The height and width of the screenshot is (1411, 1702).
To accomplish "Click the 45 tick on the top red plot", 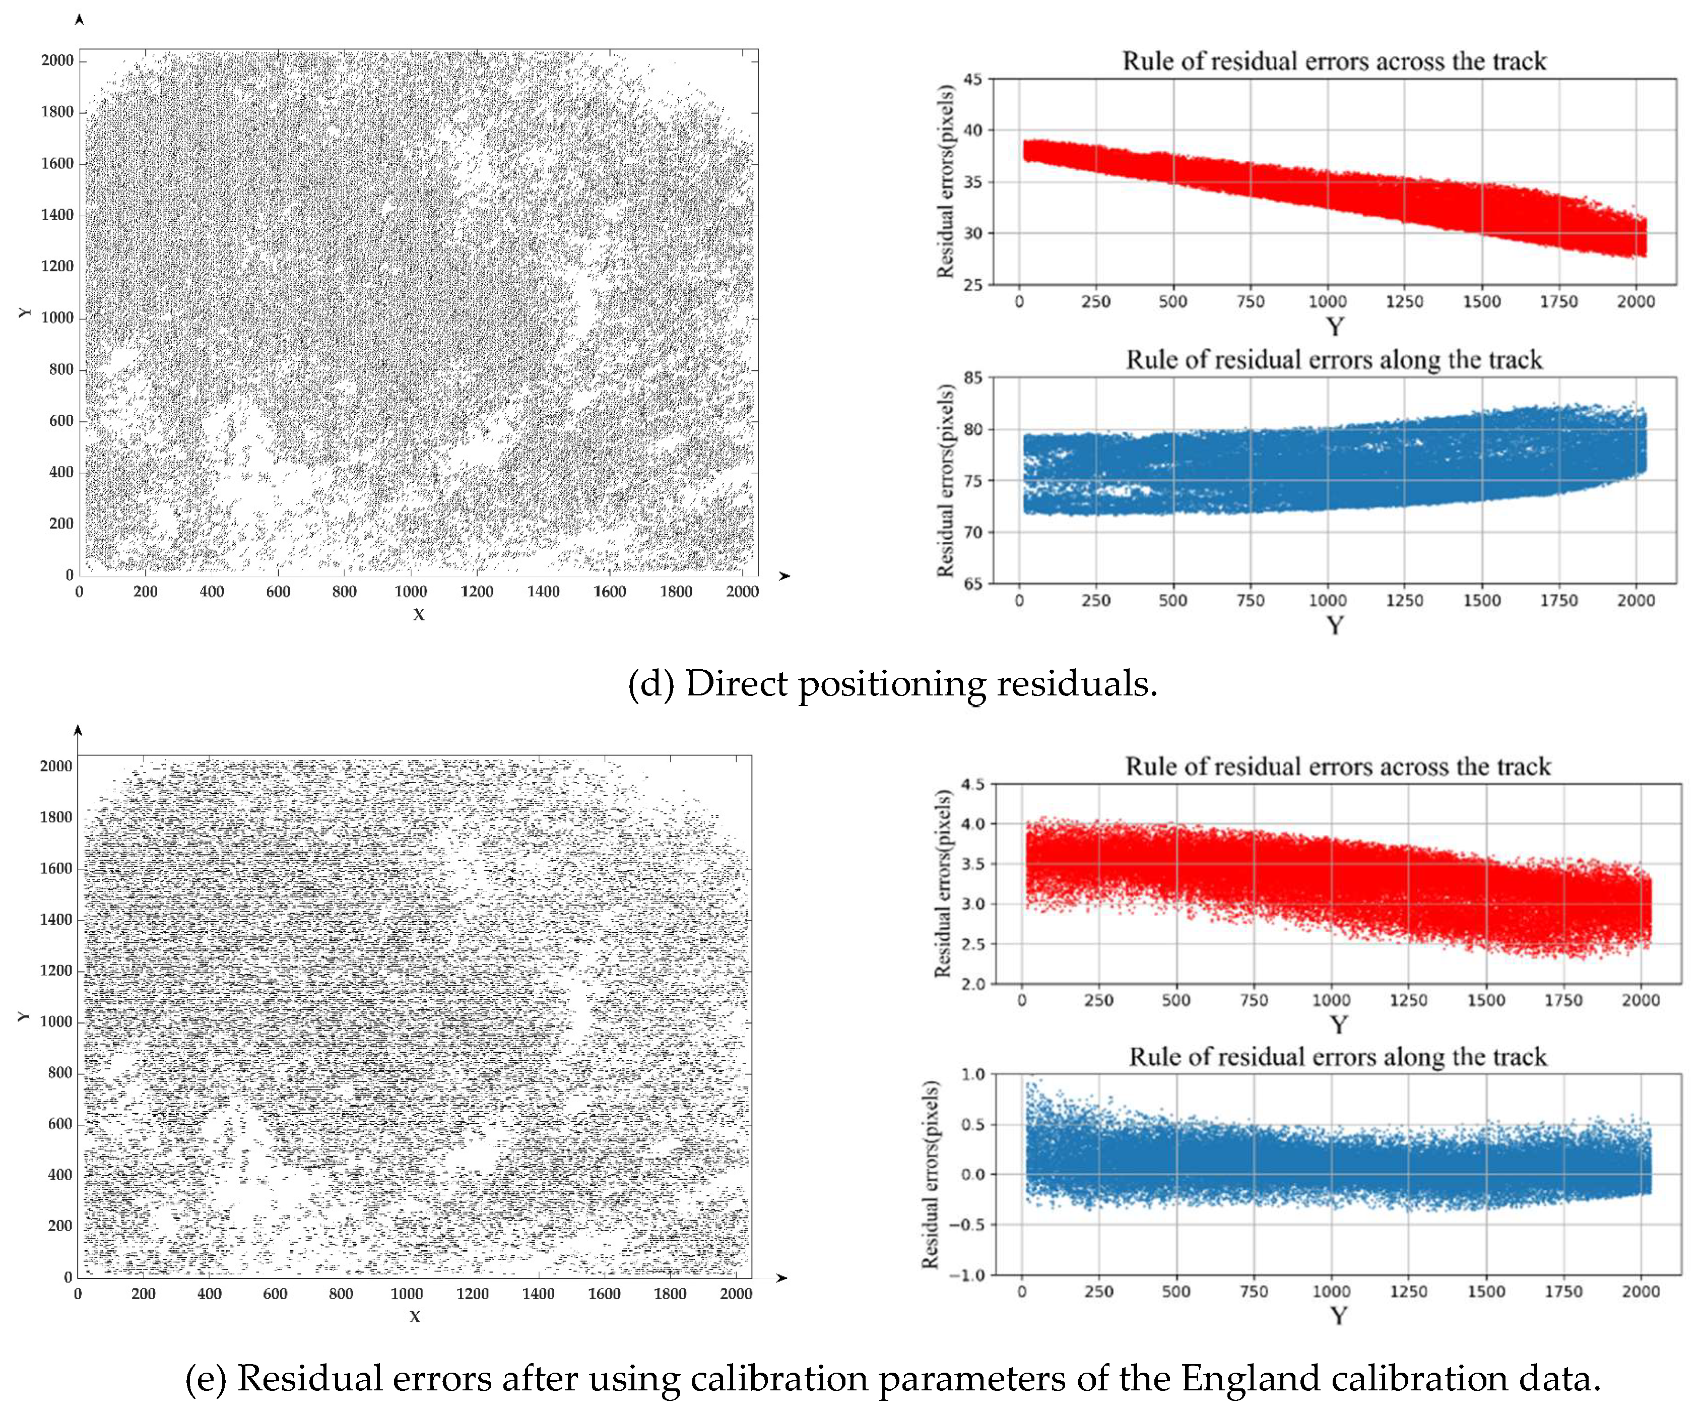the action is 972,80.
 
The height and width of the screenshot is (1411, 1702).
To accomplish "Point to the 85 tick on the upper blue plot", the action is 972,377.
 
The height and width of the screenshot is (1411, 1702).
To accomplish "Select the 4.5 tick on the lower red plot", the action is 972,784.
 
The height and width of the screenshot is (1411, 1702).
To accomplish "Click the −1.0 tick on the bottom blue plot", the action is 968,1275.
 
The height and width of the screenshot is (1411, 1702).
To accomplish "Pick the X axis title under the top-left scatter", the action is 418,614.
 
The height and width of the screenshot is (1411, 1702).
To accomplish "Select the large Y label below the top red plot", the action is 1334,327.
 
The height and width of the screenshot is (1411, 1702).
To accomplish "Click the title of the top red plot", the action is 1334,61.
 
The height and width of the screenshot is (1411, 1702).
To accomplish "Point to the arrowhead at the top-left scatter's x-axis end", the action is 783,575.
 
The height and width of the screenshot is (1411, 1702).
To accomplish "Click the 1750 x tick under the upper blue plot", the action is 1558,601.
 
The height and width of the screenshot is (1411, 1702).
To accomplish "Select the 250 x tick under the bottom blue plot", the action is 1099,1292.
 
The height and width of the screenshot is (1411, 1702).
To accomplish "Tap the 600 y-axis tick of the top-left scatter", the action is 61,421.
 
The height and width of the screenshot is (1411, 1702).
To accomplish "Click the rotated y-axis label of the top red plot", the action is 945,182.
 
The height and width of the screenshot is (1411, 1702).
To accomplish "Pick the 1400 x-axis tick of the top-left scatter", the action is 543,592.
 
